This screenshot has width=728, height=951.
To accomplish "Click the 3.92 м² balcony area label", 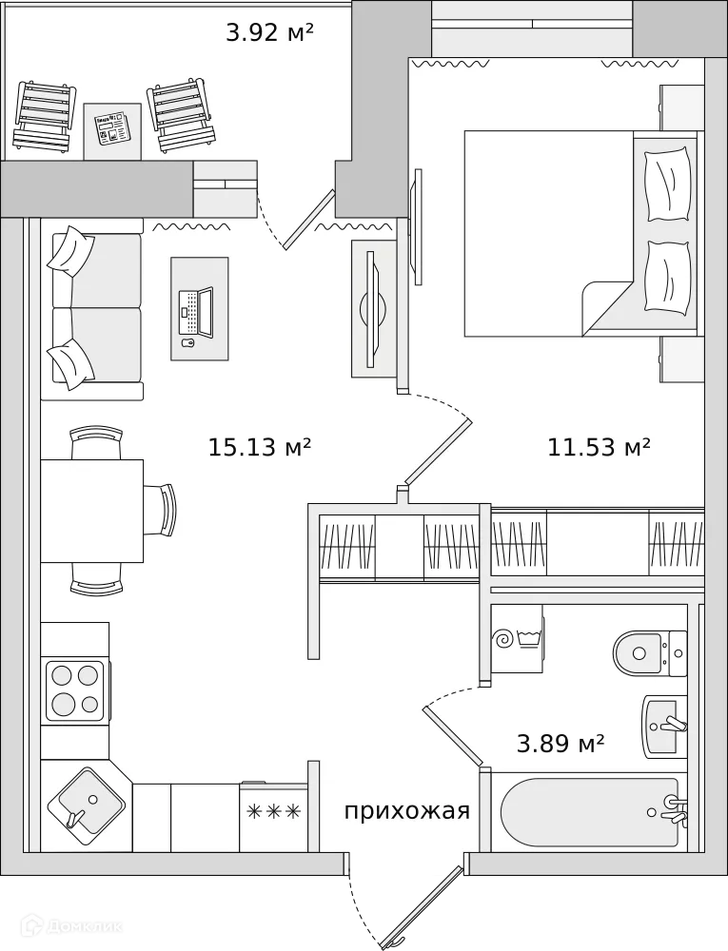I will click(x=269, y=33).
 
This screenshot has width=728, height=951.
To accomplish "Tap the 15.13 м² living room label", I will click(x=260, y=447).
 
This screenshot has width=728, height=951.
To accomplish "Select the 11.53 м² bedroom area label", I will click(x=599, y=447).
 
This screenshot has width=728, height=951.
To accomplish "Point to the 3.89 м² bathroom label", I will click(x=561, y=744).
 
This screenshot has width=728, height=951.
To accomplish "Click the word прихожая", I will click(x=407, y=811).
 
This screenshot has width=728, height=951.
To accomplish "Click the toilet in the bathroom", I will click(x=649, y=652).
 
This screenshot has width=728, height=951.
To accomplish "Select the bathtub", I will click(x=588, y=811).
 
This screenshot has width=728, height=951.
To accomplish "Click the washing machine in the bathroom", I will click(x=517, y=639).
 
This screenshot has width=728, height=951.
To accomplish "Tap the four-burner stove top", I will click(x=75, y=689).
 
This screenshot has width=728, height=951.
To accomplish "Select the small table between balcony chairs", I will click(x=112, y=130).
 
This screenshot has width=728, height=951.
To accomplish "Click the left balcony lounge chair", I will click(x=44, y=117).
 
